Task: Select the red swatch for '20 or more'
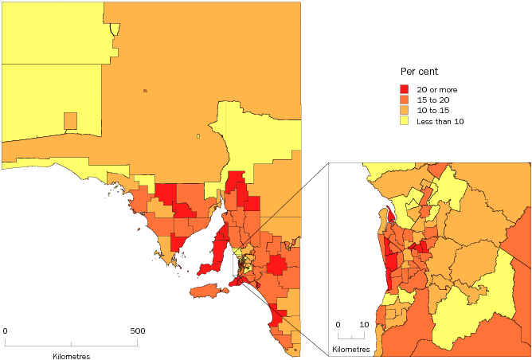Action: (404, 90)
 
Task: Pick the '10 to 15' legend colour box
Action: (404, 111)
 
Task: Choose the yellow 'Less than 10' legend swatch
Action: (404, 121)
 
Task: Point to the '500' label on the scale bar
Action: (138, 331)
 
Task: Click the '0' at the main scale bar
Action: (6, 331)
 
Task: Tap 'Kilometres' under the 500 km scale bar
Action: (72, 355)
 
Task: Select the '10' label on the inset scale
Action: (363, 325)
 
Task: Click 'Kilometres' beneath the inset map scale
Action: (350, 350)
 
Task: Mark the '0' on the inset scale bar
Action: (338, 325)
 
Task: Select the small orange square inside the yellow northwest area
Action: (70, 120)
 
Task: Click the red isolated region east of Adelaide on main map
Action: (277, 265)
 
